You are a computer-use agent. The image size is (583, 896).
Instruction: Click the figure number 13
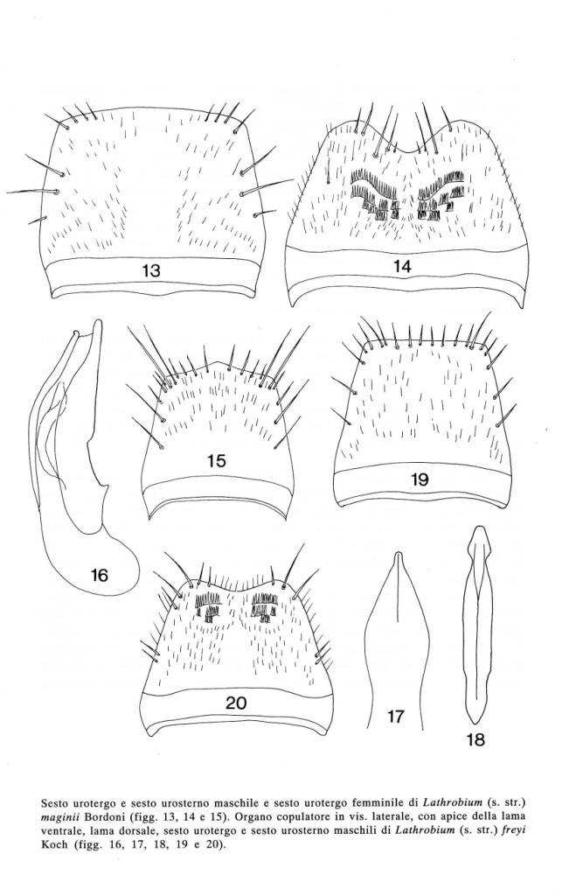point(151,270)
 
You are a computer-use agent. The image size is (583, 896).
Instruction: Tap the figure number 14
point(403,266)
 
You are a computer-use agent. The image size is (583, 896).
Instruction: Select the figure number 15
point(217,460)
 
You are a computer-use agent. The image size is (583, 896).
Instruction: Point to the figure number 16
point(100,574)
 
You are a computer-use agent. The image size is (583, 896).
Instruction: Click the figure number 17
point(396,716)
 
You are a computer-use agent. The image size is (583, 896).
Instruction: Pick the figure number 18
point(475,739)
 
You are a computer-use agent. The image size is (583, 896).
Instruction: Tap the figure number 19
point(420,479)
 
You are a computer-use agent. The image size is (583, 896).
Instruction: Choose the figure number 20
point(236,703)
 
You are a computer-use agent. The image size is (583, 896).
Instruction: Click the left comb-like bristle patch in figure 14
point(375,194)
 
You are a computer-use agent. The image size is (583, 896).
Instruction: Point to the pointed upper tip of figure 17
point(398,554)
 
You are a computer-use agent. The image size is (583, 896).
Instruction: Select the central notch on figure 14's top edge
point(406,152)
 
